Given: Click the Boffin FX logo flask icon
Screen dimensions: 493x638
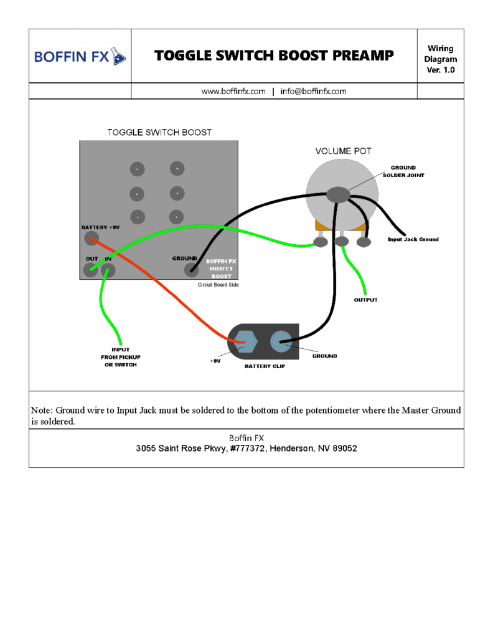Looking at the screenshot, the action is click(118, 56).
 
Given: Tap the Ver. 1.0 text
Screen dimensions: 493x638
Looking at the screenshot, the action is click(441, 70).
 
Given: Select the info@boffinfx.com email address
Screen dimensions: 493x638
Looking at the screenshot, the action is click(313, 91).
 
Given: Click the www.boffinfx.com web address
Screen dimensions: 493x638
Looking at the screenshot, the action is click(233, 91).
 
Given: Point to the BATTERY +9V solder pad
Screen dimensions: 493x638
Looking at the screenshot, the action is click(92, 238).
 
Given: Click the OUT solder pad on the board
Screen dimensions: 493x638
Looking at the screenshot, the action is click(90, 269).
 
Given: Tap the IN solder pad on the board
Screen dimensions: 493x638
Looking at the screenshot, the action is click(108, 270).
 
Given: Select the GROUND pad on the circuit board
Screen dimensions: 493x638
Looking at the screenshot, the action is click(192, 269).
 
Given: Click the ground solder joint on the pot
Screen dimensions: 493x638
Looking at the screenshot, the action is click(338, 194).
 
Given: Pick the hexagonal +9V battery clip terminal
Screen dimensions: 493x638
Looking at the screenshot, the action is click(246, 341).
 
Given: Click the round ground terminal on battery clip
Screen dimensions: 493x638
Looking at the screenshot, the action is click(281, 341).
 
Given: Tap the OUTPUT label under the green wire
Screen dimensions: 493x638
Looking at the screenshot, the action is click(366, 300).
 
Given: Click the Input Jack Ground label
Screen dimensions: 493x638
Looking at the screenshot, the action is click(413, 239).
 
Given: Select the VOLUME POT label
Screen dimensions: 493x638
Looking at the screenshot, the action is click(344, 151).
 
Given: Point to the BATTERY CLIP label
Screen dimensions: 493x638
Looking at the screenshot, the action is click(265, 366).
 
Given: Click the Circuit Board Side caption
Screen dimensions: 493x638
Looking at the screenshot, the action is click(218, 285).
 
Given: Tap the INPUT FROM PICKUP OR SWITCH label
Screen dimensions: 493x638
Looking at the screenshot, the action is click(121, 357).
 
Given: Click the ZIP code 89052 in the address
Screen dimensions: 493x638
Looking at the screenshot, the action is click(345, 449).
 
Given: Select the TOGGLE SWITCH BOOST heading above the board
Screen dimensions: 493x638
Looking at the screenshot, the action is click(159, 132).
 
